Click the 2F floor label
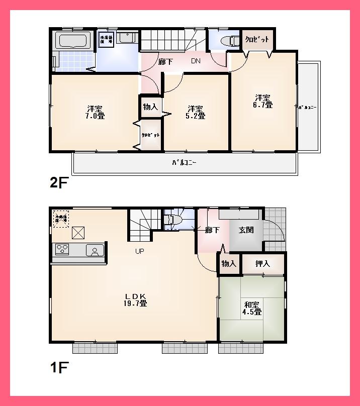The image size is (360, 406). pos(58,183)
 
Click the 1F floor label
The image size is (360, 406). pos(58,368)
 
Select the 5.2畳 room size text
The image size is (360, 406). pos(196,116)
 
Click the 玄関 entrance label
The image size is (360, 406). pos(246,230)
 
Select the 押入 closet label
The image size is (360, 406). pos(262,264)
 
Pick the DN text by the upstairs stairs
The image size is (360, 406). pos(196,61)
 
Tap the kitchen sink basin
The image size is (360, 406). pos(95,250)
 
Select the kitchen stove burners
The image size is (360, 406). pos(62,249)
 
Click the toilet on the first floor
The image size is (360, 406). pos(170,220)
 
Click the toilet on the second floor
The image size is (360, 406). pos(232,40)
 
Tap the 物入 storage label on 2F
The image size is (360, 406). pos(150,107)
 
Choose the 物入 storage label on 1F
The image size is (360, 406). pos(229,264)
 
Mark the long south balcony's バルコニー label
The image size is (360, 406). pos(184,163)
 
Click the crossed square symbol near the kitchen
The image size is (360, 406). pos(78,233)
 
